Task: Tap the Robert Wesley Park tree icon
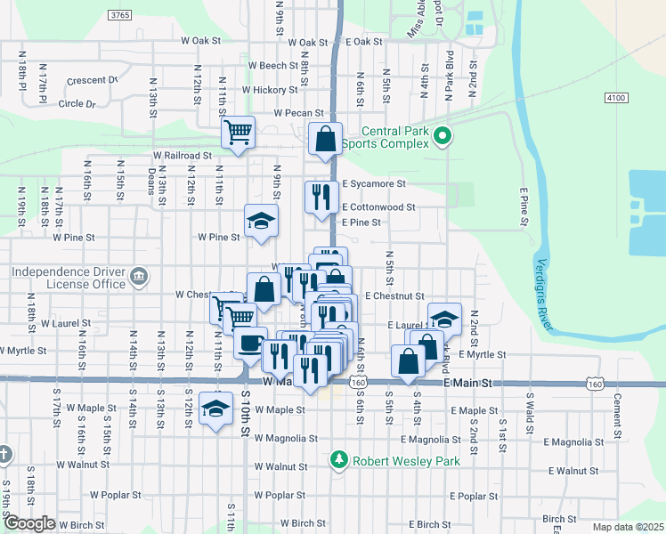click(x=338, y=460)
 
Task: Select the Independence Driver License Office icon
click(x=139, y=277)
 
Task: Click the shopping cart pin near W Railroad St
click(x=239, y=133)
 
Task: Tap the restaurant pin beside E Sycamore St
click(x=321, y=196)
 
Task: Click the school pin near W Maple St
click(x=215, y=409)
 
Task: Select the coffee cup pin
click(x=251, y=342)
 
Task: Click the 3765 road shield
click(x=118, y=15)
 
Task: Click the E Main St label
click(x=468, y=383)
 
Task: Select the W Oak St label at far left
click(x=200, y=41)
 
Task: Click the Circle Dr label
click(x=77, y=103)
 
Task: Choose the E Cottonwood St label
click(x=379, y=207)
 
